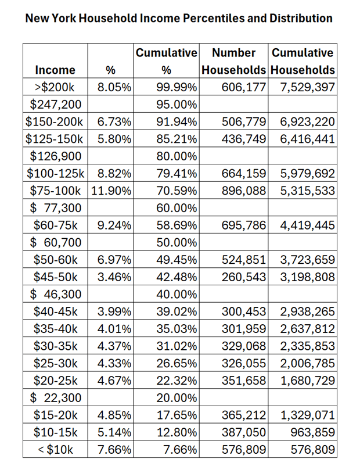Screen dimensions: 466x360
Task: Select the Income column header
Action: pyautogui.click(x=55, y=70)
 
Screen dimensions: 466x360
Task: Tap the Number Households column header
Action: pyautogui.click(x=233, y=62)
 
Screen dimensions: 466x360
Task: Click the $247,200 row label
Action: pyautogui.click(x=55, y=105)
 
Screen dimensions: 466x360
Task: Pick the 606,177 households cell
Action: pyautogui.click(x=244, y=88)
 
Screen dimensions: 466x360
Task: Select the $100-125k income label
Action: pyautogui.click(x=55, y=173)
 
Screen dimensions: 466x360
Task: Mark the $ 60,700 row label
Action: pyautogui.click(x=55, y=242)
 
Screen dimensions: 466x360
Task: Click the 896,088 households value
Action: pyautogui.click(x=244, y=191)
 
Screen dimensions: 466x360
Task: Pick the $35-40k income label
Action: pyautogui.click(x=55, y=328)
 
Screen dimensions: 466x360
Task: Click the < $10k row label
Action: pyautogui.click(x=55, y=449)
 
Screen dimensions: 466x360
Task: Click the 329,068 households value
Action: pyautogui.click(x=244, y=346)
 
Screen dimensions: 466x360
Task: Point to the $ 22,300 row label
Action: pyautogui.click(x=55, y=397)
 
